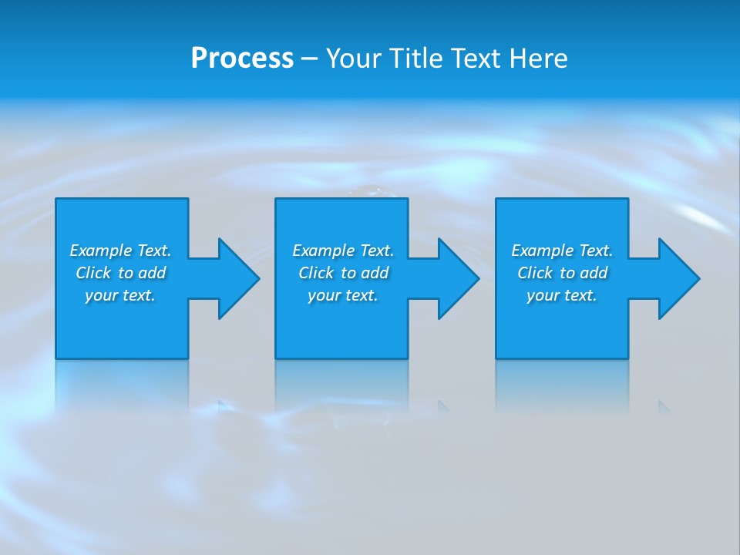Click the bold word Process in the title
[242, 59]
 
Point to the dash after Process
[309, 59]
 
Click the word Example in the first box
[100, 251]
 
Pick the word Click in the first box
[93, 273]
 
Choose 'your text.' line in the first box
[120, 295]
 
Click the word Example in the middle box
[323, 251]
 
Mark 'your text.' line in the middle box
[343, 295]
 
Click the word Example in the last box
[542, 251]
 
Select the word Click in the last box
[535, 273]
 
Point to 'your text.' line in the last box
[562, 295]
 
